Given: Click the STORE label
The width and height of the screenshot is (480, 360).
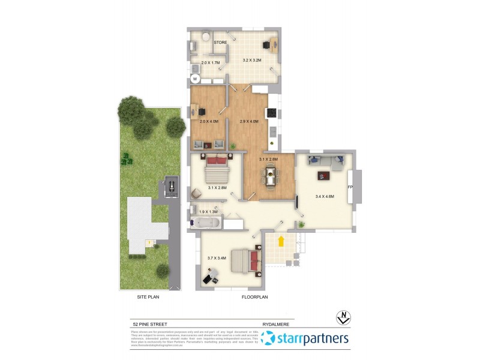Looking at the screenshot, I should [220, 43].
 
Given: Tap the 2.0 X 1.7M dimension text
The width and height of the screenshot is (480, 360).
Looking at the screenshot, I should [211, 62].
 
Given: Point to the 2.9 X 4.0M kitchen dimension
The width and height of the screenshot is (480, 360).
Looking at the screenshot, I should [248, 122].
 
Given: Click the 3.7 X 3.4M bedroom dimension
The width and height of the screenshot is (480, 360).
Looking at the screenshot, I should [217, 258].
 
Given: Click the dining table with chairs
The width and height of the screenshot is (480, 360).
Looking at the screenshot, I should [271, 178].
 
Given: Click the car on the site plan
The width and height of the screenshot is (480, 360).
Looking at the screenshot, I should [172, 187].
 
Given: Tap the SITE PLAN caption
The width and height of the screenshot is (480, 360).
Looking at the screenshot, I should [148, 296].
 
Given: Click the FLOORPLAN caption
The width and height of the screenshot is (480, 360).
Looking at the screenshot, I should [254, 296].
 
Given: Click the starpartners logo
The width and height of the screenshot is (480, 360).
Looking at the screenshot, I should [312, 339].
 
